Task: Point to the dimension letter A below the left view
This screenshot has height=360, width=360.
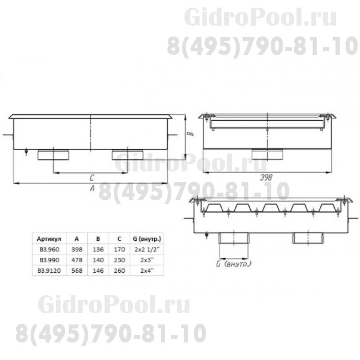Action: tap(92, 189)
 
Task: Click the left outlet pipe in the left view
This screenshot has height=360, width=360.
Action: tap(53, 155)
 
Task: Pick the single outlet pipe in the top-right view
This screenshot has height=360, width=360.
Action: tap(267, 154)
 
